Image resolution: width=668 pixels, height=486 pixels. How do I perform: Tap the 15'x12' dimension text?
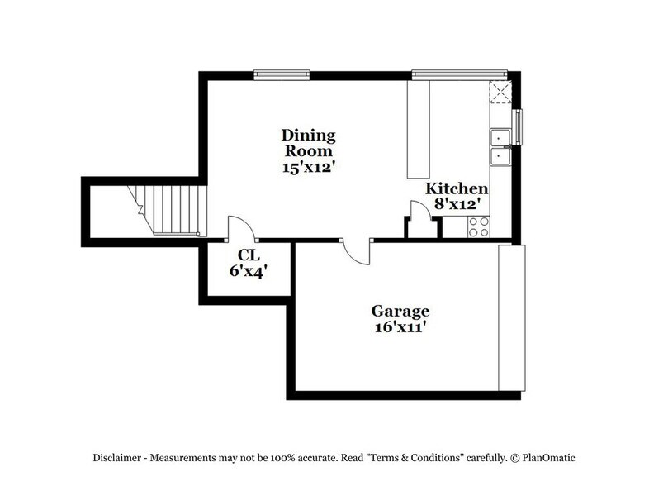(x=307, y=166)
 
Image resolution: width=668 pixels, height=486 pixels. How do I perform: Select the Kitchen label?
(x=452, y=188)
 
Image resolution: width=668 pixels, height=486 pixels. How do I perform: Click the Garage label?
(x=400, y=312)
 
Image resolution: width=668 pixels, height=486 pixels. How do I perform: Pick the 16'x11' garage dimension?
(x=400, y=327)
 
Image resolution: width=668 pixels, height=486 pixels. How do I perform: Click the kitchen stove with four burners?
(x=479, y=226)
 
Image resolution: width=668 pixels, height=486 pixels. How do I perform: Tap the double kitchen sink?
(x=501, y=145)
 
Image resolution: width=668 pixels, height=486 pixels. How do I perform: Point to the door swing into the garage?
(x=358, y=251)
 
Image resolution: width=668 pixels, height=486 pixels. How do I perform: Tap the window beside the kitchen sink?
(x=519, y=125)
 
